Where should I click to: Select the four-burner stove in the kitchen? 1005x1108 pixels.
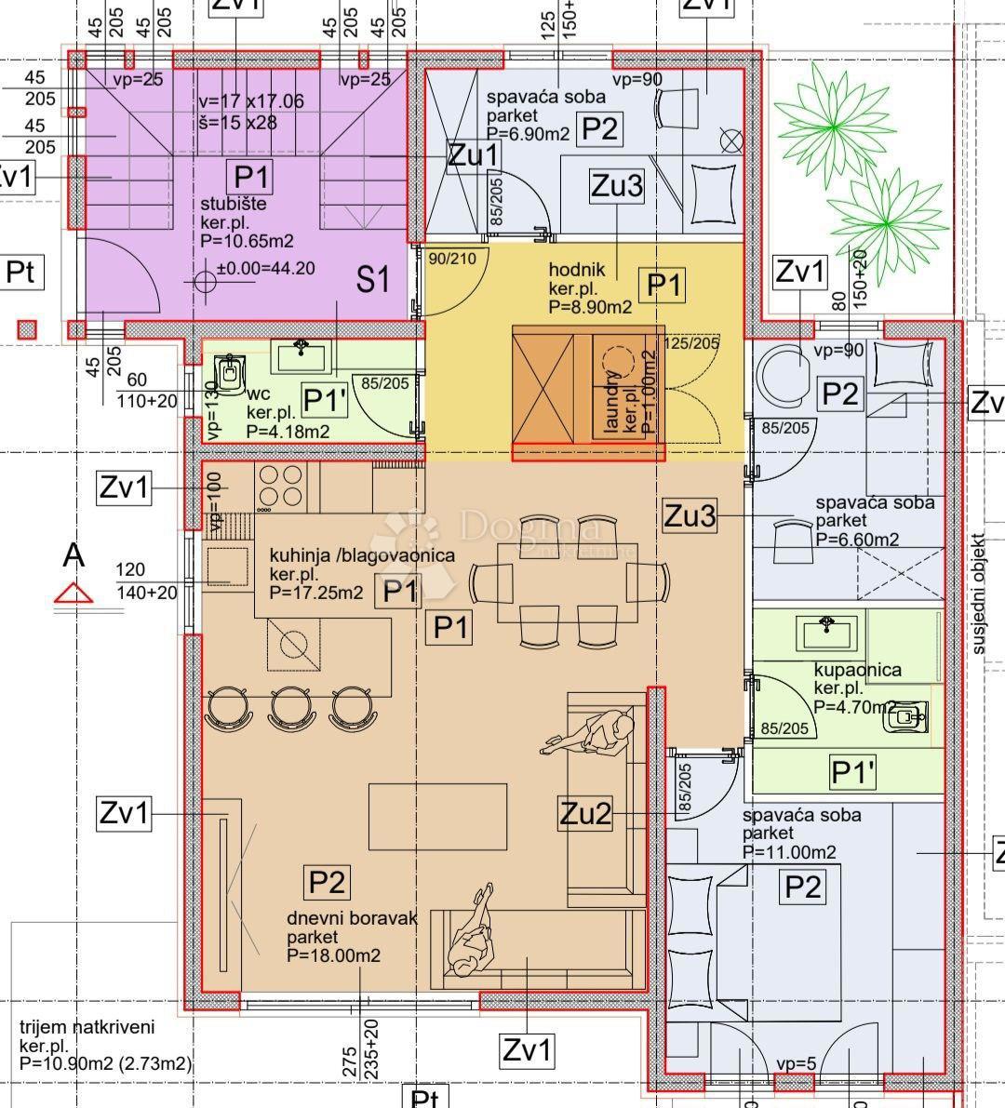tap(280, 487)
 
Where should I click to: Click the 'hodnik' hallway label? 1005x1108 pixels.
tap(577, 270)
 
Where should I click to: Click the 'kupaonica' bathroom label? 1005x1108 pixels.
tap(857, 670)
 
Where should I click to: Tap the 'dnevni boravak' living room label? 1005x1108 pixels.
tap(352, 918)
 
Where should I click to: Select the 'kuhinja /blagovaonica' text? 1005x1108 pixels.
tap(362, 555)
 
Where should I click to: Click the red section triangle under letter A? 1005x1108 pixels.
tap(74, 594)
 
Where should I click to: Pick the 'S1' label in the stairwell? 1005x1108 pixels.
tap(372, 278)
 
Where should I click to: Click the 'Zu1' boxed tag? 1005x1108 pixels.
tap(473, 155)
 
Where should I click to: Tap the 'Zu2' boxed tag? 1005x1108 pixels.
tap(586, 814)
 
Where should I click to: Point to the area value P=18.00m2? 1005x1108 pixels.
tap(333, 955)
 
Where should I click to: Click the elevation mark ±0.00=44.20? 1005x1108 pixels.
tap(265, 269)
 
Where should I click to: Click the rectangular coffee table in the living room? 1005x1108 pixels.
tap(438, 816)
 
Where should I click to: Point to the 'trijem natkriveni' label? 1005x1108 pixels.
tap(87, 1028)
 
